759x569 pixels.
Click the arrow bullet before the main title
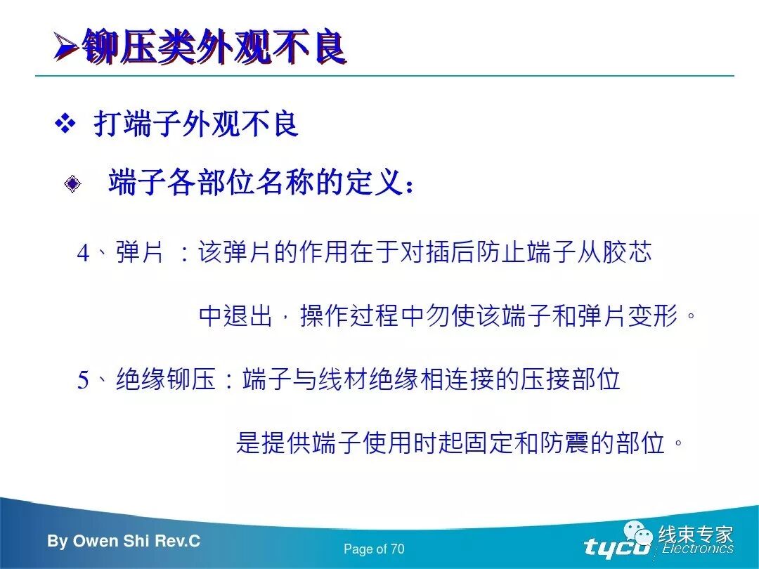[66, 48]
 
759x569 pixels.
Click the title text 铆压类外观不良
[214, 47]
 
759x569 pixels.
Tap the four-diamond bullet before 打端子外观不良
[65, 125]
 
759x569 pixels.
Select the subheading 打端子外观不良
[196, 125]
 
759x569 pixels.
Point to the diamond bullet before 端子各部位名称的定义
[72, 185]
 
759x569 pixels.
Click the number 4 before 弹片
[83, 254]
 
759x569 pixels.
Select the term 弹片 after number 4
[140, 252]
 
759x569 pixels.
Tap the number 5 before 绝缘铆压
[83, 381]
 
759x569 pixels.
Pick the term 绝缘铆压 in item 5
[165, 380]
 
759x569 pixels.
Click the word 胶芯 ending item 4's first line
[628, 252]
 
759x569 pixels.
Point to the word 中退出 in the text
[235, 316]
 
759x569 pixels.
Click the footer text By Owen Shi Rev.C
[124, 541]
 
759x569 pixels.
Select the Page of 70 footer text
[374, 549]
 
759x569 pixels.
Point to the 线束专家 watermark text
[696, 535]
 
